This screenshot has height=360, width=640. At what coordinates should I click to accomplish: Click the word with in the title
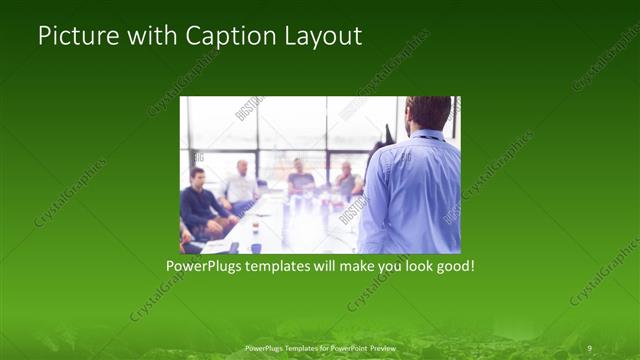pyautogui.click(x=151, y=37)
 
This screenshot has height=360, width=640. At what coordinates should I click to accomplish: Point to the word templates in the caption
pyautogui.click(x=290, y=267)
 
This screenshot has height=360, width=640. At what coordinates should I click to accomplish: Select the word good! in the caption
pyautogui.click(x=452, y=267)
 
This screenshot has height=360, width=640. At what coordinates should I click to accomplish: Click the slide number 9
pyautogui.click(x=590, y=347)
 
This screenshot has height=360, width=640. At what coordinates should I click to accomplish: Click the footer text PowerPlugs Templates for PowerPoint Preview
pyautogui.click(x=319, y=347)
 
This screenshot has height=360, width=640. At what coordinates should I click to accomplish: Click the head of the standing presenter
pyautogui.click(x=429, y=112)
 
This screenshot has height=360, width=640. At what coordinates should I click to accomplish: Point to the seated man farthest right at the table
pyautogui.click(x=346, y=180)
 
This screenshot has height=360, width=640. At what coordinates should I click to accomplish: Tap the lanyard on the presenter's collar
pyautogui.click(x=426, y=134)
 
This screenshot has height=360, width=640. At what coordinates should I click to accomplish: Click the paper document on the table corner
pyautogui.click(x=215, y=245)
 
